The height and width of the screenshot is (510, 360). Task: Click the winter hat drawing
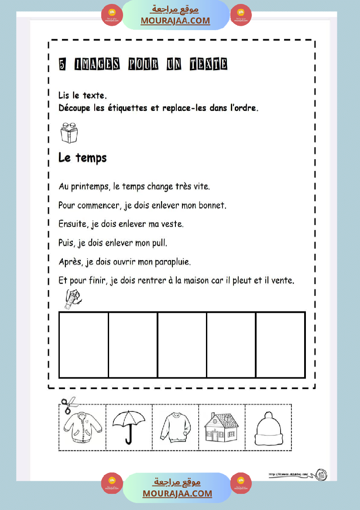(268, 428)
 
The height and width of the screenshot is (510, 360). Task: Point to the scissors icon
(68, 405)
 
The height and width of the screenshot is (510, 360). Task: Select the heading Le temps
(82, 157)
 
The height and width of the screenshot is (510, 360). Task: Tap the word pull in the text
(159, 243)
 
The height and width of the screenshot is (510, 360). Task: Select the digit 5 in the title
(63, 65)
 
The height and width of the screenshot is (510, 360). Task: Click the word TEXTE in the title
(208, 65)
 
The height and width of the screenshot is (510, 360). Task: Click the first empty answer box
(83, 344)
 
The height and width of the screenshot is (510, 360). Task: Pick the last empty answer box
(280, 344)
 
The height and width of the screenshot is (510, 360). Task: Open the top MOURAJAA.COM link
(175, 21)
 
